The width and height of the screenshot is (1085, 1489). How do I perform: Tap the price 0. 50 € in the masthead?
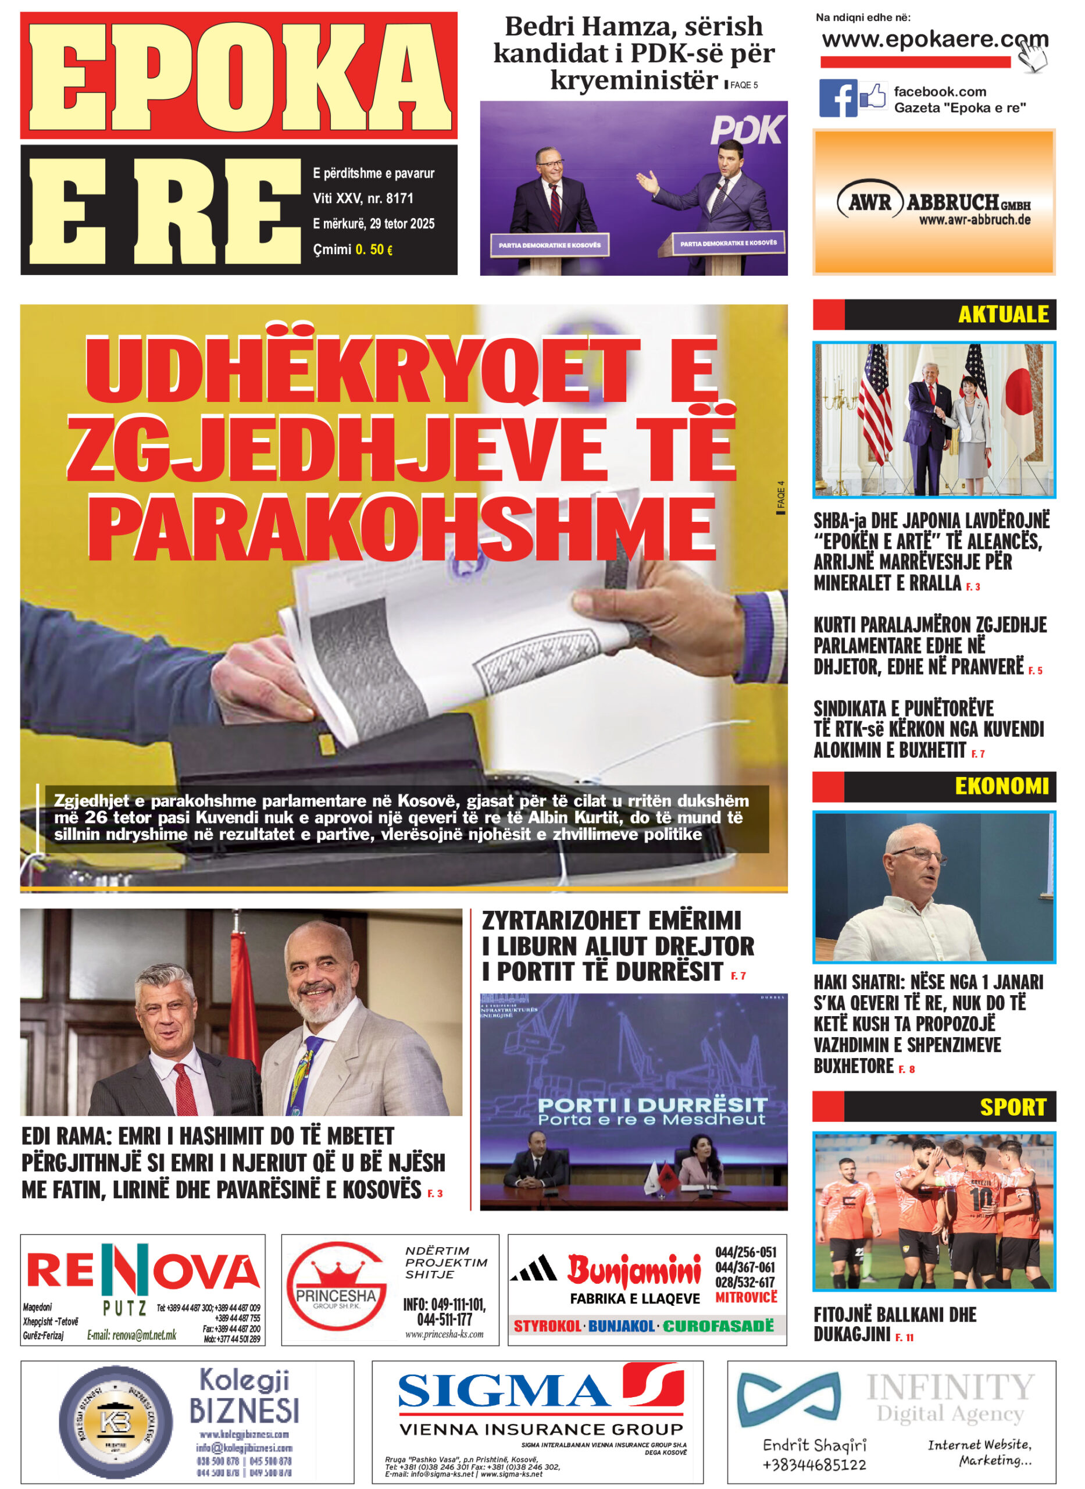(374, 250)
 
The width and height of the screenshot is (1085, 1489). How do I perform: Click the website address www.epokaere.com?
(934, 40)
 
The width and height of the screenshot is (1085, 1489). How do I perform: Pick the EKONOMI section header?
(1001, 786)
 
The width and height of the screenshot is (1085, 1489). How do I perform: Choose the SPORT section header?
(1012, 1107)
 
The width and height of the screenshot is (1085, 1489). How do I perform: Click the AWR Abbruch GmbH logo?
(933, 204)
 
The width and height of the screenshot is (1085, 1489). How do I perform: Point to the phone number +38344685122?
(814, 1464)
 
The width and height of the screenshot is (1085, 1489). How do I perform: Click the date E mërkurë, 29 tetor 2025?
(373, 224)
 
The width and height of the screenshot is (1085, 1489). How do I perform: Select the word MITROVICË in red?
(745, 1297)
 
